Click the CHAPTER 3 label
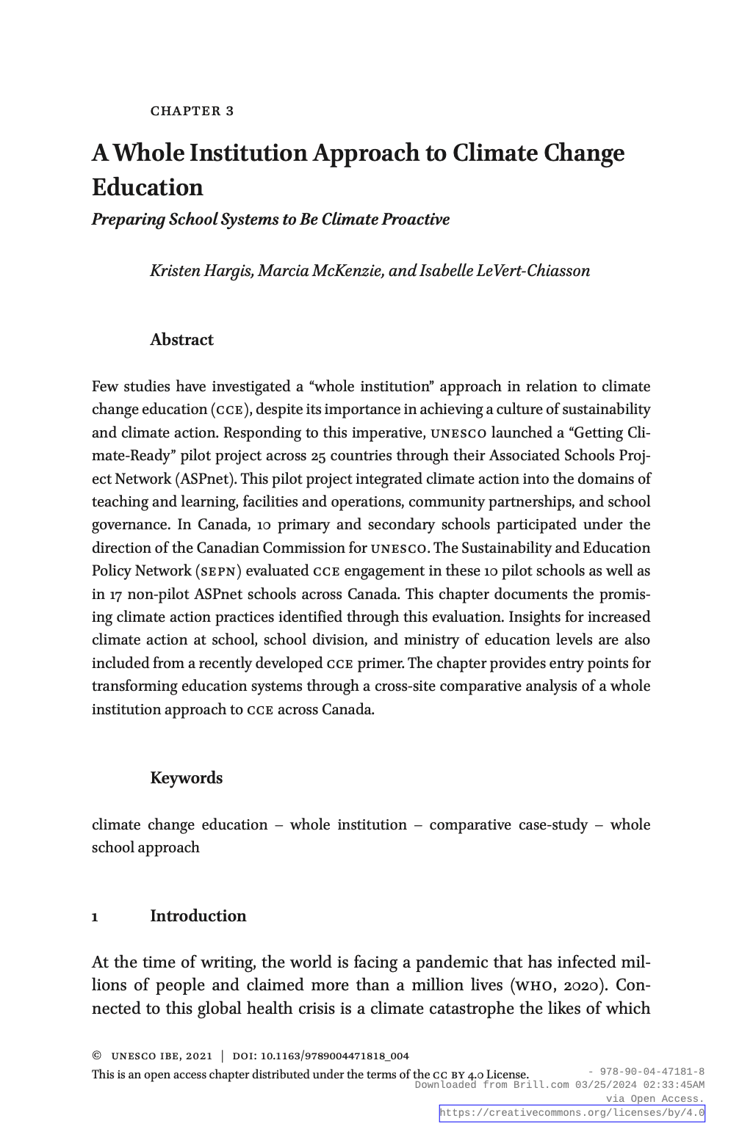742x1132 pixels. tap(192, 111)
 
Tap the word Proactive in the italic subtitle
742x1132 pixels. tap(415, 219)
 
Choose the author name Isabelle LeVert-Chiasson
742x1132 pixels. tap(504, 271)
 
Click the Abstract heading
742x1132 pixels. tap(181, 340)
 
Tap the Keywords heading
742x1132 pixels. tap(186, 778)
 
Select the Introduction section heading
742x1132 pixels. tap(198, 916)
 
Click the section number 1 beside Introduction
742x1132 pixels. tap(96, 917)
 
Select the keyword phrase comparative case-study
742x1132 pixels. tap(508, 824)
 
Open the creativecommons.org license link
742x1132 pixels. tap(572, 1113)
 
